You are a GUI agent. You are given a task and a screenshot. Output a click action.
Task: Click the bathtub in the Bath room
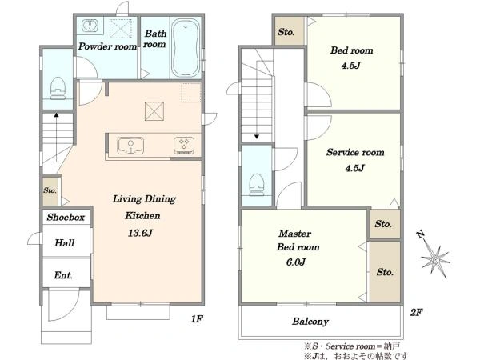[x=186, y=48]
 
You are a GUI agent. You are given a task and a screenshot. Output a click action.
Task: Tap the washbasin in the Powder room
[x=90, y=26]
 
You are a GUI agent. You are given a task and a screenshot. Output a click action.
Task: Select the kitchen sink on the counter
[x=130, y=146]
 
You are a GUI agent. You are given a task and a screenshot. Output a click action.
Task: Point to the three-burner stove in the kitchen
[x=184, y=145]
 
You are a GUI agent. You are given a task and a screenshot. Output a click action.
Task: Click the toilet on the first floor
[x=58, y=88]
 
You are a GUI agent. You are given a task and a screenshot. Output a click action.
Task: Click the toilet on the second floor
[x=257, y=185]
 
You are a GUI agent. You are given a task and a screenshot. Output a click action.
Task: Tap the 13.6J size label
[x=140, y=234]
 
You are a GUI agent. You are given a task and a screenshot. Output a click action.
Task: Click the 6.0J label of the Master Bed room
[x=295, y=262]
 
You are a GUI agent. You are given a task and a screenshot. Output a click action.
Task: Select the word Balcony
[x=310, y=322]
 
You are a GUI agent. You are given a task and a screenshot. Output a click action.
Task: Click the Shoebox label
[x=66, y=218]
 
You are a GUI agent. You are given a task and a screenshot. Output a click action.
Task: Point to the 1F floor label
[x=197, y=319]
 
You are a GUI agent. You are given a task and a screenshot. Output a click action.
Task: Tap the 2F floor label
[x=416, y=312]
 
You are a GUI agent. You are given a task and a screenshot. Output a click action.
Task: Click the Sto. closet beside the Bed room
[x=290, y=31]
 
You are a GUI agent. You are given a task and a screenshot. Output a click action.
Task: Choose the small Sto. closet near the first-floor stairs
[x=50, y=191]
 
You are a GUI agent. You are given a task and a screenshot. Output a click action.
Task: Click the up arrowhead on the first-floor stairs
[x=56, y=115]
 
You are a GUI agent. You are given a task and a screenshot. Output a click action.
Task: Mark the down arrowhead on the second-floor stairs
[x=257, y=137]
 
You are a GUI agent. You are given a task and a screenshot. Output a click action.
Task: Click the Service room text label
[x=355, y=152]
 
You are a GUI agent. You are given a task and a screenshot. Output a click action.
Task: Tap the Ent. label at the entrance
[x=63, y=275]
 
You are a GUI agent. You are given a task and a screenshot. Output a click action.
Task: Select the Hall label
[x=64, y=243]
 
